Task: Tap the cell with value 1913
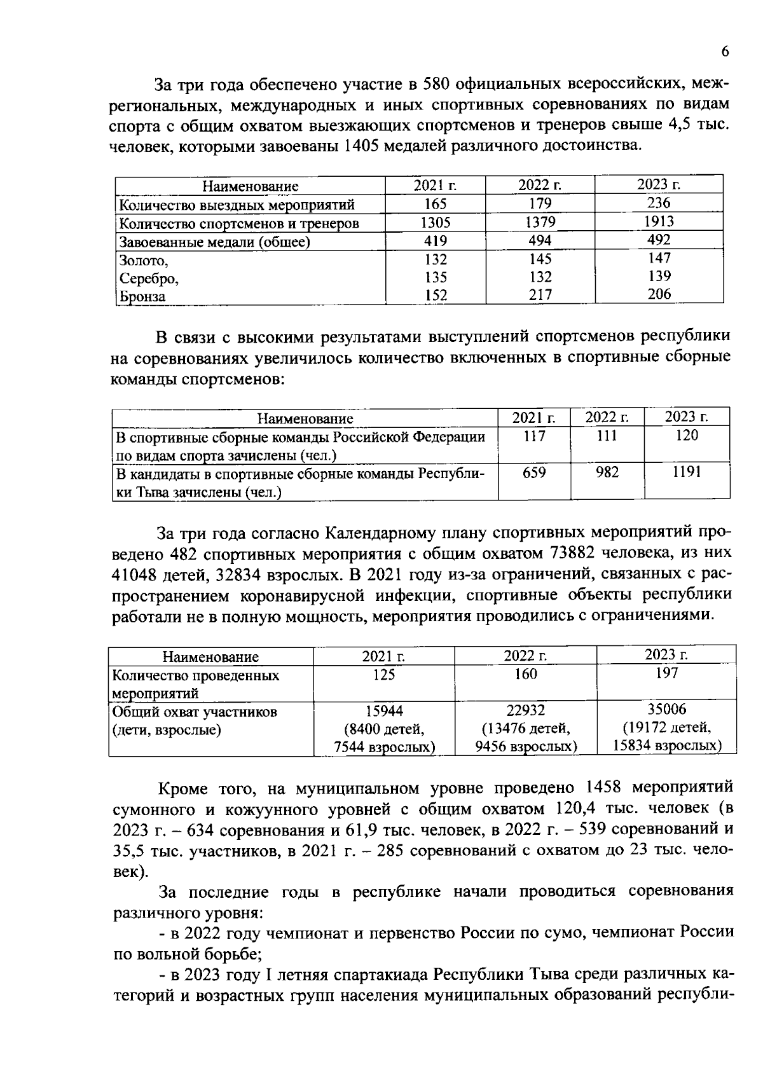point(658,222)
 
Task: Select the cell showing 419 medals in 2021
point(435,241)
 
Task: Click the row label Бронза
point(142,296)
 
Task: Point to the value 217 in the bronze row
point(540,295)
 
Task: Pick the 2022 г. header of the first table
point(539,186)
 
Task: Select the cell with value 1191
point(686,472)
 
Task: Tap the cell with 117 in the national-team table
point(533,436)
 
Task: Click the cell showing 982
point(607,472)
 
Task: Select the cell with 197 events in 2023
point(666,673)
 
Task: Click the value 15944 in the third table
point(383,711)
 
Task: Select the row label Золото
point(144,261)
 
